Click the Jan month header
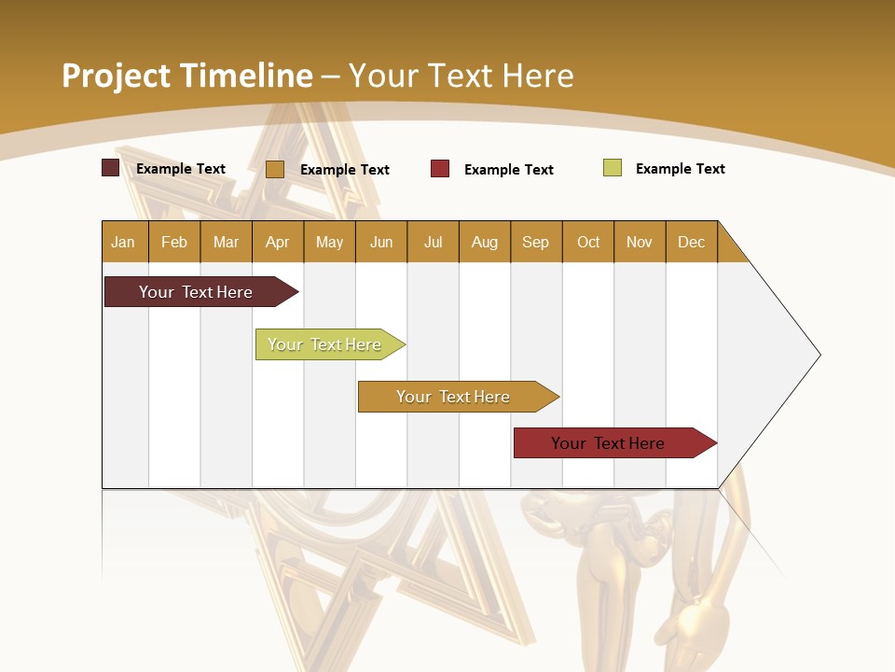[x=123, y=242]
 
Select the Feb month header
[x=174, y=242]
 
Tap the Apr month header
[x=278, y=242]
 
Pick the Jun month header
[x=381, y=242]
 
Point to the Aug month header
[x=485, y=242]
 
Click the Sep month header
[x=536, y=242]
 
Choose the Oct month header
[x=588, y=242]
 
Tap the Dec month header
[x=692, y=242]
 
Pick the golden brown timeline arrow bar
[x=454, y=397]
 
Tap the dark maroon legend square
[x=110, y=168]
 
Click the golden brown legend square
[x=274, y=169]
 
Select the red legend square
[x=440, y=169]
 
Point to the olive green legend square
[x=613, y=168]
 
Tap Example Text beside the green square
[x=680, y=169]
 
